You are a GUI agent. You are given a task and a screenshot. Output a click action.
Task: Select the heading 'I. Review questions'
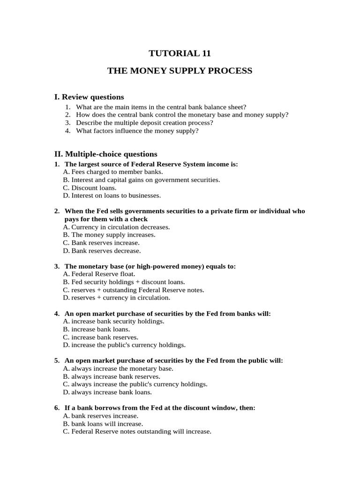[x=89, y=97]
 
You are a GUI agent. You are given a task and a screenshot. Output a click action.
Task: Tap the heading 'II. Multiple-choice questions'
[x=106, y=154]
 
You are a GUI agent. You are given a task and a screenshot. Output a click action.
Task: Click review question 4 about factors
[x=137, y=131]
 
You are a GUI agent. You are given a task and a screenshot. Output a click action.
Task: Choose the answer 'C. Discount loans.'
[x=90, y=187]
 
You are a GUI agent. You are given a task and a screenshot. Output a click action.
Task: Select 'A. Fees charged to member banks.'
[x=112, y=172]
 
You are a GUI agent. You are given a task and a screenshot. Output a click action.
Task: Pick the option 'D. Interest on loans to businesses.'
[x=112, y=195]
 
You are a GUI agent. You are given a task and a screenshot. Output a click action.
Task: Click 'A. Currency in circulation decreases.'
[x=116, y=227]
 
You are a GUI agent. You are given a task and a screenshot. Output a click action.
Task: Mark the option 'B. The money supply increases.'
[x=109, y=235]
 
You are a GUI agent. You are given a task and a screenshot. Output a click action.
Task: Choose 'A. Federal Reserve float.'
[x=99, y=274]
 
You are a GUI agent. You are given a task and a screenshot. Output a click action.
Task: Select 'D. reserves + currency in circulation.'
[x=116, y=298]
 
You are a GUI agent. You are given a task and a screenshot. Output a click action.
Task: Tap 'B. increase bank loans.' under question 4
[x=96, y=329]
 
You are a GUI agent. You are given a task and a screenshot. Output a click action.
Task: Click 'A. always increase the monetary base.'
[x=118, y=368]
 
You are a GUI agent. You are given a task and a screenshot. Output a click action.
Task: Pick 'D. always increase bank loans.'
[x=107, y=392]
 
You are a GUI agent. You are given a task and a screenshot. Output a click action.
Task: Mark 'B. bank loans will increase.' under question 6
[x=103, y=424]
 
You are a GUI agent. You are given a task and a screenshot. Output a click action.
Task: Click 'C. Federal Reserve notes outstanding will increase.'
[x=137, y=431]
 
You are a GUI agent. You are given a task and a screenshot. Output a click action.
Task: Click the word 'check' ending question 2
[x=138, y=219]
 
